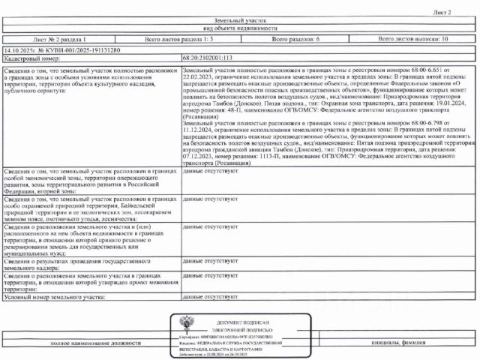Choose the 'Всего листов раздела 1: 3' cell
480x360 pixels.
[179, 38]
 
